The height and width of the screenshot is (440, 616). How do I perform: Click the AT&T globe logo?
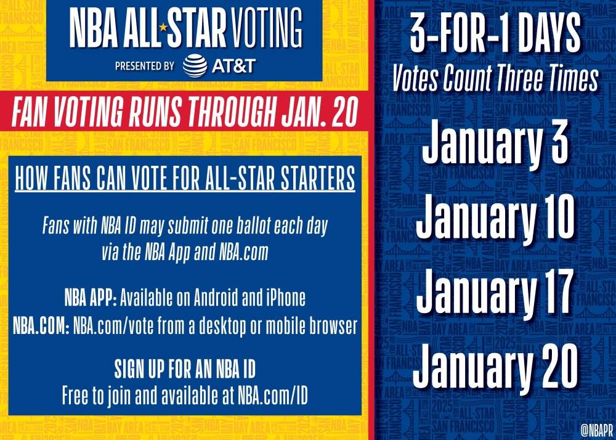tap(195, 65)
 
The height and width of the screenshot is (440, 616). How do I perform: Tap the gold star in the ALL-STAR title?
tap(163, 27)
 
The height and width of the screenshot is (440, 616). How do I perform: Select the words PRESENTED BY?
tap(145, 65)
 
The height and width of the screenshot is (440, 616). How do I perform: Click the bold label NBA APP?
tap(91, 298)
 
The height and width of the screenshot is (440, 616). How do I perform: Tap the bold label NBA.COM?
tap(41, 325)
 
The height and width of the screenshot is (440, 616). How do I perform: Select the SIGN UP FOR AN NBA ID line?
tap(185, 369)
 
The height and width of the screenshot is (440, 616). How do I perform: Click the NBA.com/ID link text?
tap(273, 396)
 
